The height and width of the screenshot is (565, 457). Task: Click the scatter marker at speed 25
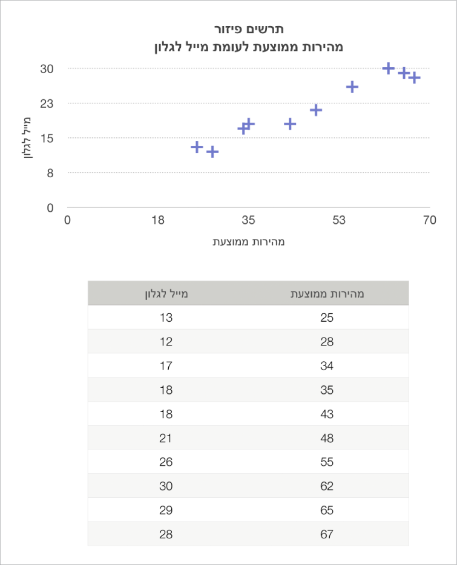197,147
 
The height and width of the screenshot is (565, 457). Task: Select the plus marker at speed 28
212,152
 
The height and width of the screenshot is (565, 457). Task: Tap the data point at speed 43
290,124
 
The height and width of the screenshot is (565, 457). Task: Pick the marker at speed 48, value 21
316,110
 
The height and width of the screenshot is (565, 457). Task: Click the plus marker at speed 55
352,87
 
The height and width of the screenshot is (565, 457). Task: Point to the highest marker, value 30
389,68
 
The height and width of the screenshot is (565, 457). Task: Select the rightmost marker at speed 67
414,78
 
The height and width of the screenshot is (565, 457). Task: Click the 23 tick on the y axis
47,103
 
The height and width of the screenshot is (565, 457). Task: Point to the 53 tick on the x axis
338,220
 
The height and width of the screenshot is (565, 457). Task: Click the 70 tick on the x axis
430,220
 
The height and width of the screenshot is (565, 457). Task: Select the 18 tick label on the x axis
158,220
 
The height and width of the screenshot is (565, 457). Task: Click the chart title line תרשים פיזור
249,29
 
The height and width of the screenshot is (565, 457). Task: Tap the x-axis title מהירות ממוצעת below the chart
249,242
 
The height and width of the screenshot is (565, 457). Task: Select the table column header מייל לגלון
166,295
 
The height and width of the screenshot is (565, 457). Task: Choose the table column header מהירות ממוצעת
327,295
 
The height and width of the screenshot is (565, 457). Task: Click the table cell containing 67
327,534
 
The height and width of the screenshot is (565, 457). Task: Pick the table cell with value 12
166,342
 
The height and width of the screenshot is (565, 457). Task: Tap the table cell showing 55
327,462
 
